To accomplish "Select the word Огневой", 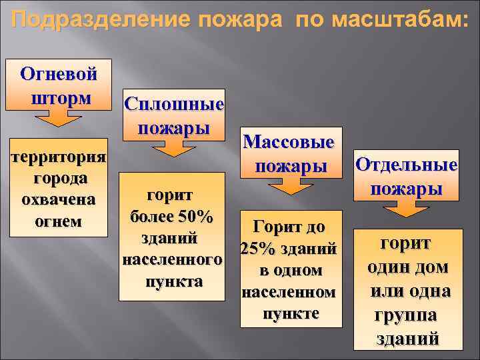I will point(59,73).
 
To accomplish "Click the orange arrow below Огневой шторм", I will point(59,119).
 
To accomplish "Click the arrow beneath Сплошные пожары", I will point(173,147).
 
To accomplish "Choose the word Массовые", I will point(289,142).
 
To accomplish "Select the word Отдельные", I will point(406,164).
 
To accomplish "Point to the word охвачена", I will point(58,199).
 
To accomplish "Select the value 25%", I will point(256,249).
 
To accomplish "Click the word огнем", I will point(58,221).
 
